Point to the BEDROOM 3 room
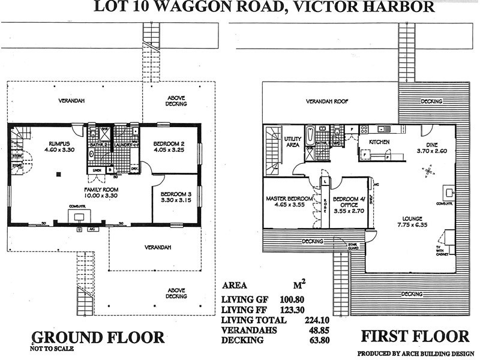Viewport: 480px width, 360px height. pyautogui.click(x=176, y=199)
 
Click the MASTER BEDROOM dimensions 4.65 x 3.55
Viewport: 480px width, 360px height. pyautogui.click(x=290, y=205)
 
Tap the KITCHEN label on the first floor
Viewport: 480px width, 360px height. pyautogui.click(x=379, y=142)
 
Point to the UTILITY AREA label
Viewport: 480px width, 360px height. pyautogui.click(x=292, y=141)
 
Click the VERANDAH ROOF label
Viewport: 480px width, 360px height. pyautogui.click(x=328, y=101)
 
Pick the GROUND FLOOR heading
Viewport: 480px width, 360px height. pyautogui.click(x=97, y=337)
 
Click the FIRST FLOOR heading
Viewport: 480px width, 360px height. pyautogui.click(x=414, y=335)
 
